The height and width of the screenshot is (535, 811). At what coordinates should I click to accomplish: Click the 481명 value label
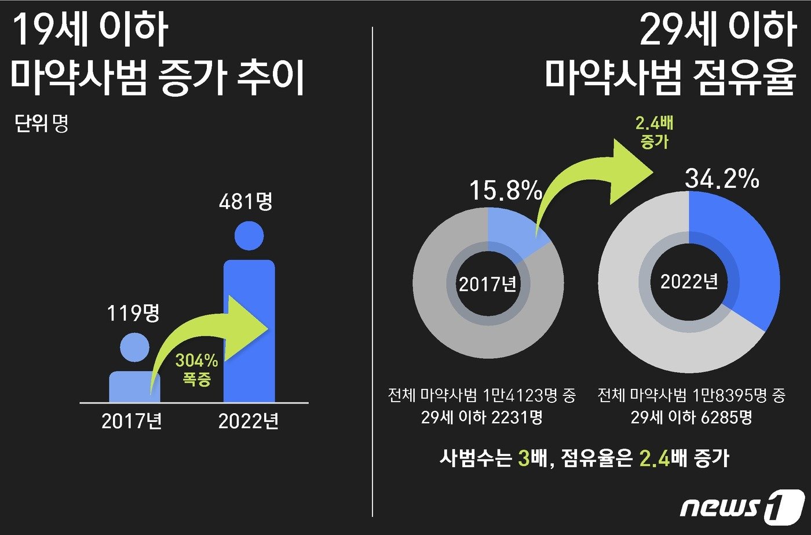tap(246, 202)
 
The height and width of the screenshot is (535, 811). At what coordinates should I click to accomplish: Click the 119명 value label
tap(133, 314)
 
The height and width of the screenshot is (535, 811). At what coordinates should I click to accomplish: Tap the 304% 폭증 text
tap(196, 369)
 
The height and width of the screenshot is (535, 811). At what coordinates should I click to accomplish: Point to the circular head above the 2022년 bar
tap(249, 236)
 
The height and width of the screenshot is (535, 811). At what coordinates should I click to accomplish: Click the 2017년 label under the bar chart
tap(132, 421)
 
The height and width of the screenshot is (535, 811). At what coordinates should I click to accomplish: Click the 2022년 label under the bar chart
tap(249, 421)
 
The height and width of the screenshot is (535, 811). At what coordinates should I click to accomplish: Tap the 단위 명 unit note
tap(41, 123)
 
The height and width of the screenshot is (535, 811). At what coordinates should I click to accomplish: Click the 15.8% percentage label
tap(505, 191)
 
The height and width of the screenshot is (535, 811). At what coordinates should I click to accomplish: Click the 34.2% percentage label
tap(722, 179)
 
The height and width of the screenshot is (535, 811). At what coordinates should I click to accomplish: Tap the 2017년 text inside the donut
tap(488, 284)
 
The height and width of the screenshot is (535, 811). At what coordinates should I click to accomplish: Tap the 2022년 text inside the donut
tap(689, 282)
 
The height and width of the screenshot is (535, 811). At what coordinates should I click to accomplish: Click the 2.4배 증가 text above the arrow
tap(654, 132)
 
